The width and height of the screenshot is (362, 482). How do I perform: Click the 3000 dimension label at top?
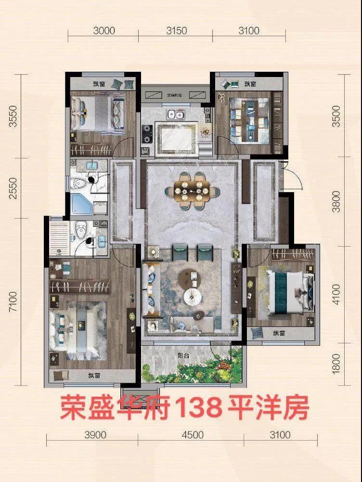(104, 31)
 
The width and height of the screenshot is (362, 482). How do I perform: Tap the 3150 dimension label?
(176, 31)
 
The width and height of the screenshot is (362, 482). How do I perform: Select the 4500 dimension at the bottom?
(193, 435)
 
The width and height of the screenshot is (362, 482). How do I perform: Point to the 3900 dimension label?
(95, 435)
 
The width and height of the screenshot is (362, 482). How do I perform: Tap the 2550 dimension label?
(14, 187)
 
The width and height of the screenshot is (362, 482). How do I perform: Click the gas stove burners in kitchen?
(147, 134)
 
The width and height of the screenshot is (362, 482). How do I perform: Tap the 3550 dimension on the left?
(14, 116)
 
